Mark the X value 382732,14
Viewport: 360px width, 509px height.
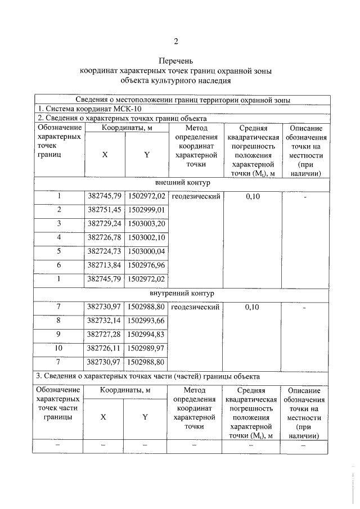coord(104,320)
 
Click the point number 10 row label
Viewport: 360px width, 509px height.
coord(58,348)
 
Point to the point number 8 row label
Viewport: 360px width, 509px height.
coord(58,320)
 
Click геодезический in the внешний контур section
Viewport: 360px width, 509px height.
coord(195,196)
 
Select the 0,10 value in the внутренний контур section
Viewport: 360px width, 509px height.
coord(253,307)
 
